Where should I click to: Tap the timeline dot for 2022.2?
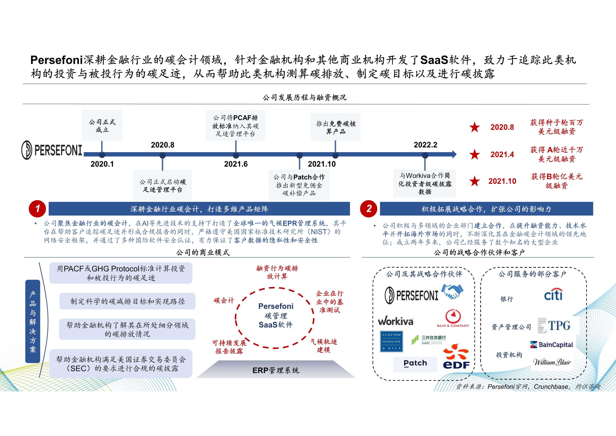click(425, 155)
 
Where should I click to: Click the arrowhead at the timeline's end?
click(454, 154)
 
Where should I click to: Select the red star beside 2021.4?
click(474, 155)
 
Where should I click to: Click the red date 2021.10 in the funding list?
click(502, 181)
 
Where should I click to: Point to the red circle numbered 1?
click(37, 209)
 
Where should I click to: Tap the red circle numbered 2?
click(369, 209)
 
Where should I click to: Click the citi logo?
click(553, 295)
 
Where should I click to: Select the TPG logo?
click(554, 326)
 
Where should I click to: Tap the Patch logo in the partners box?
click(415, 363)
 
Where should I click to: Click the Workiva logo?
click(395, 321)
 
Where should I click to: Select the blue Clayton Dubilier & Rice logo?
click(391, 341)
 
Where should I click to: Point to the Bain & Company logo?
click(453, 319)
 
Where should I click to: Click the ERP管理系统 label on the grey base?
click(276, 370)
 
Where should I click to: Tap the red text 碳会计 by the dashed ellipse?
click(224, 300)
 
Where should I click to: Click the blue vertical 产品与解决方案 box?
click(33, 321)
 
